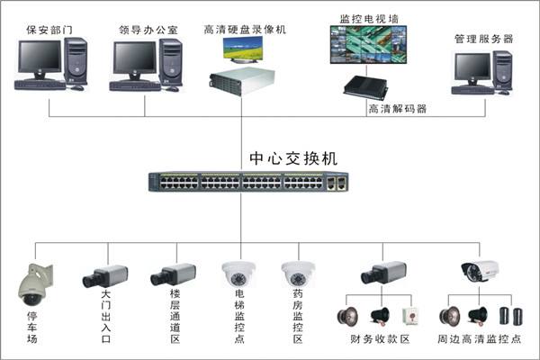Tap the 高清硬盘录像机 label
point(244,30)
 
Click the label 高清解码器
point(397,109)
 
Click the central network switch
point(248,182)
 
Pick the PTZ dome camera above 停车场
point(36,285)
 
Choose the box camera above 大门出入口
point(105,275)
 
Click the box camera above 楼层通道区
point(173,274)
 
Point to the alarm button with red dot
point(409,317)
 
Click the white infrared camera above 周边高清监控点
point(480,269)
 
